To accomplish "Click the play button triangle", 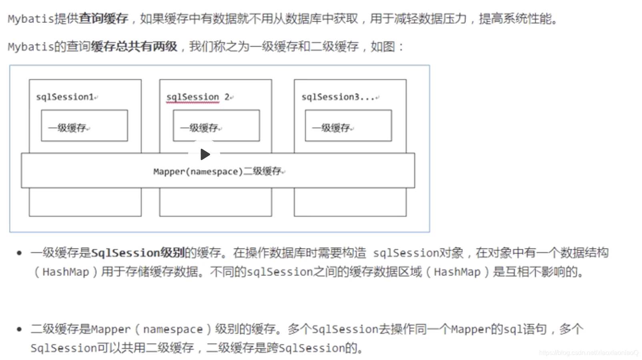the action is point(205,154).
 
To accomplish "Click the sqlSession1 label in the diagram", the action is point(65,97).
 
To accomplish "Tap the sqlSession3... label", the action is point(338,97).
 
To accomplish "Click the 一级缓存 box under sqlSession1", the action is point(84,126).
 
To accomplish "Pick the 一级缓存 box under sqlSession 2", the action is point(216,126).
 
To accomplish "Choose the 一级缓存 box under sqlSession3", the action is point(348,126).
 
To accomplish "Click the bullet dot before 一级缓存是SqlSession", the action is point(19,253).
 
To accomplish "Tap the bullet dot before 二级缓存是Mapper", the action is point(19,329).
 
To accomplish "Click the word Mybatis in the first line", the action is point(30,19).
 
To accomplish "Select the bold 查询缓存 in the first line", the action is point(103,18).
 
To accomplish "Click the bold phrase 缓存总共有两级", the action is point(134,46).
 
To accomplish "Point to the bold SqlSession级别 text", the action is point(138,253).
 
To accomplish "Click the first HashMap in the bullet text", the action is point(66,272).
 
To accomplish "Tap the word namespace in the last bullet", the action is point(173,329).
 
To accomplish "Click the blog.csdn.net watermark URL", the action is point(588,352).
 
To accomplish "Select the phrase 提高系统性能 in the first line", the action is point(515,18).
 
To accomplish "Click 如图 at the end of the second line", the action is point(383,46).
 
